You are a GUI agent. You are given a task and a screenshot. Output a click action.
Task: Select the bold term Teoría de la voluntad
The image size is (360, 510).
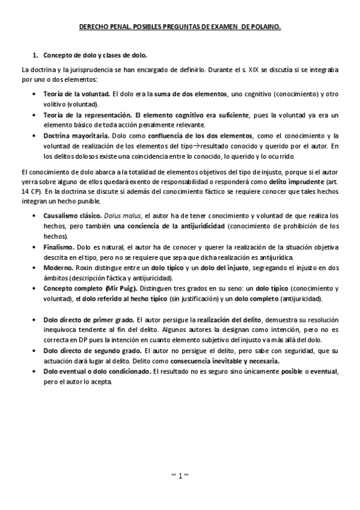click(76, 94)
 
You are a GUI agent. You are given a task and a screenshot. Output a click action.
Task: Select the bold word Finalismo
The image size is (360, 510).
click(59, 247)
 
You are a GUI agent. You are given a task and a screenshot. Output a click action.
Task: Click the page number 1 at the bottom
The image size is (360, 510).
click(180, 475)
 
